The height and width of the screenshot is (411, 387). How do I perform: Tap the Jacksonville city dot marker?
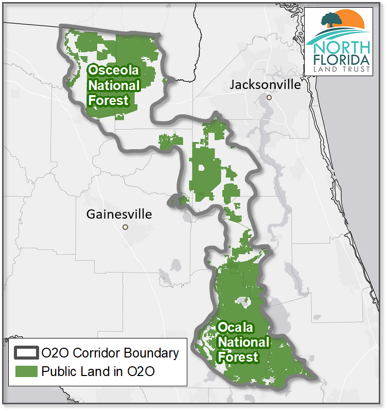[269, 97]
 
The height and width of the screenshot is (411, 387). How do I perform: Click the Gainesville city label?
[119, 214]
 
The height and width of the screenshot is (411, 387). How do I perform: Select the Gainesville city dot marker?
[125, 227]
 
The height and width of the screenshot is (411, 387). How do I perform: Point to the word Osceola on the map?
[109, 71]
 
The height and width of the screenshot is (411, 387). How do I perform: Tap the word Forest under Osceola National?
[108, 100]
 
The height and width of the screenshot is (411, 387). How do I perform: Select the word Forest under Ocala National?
[238, 356]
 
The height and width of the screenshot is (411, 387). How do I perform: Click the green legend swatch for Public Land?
[26, 371]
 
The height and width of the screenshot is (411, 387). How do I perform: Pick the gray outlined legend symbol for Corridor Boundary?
[26, 353]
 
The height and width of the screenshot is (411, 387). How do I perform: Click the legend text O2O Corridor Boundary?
[110, 353]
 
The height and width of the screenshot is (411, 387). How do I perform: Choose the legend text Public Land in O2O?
[98, 371]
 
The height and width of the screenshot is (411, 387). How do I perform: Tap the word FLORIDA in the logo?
[343, 59]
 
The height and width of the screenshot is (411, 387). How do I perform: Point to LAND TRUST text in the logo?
[343, 69]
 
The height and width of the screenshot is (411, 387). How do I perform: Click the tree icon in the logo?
[331, 21]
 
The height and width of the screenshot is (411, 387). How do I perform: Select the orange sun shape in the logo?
[351, 21]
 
